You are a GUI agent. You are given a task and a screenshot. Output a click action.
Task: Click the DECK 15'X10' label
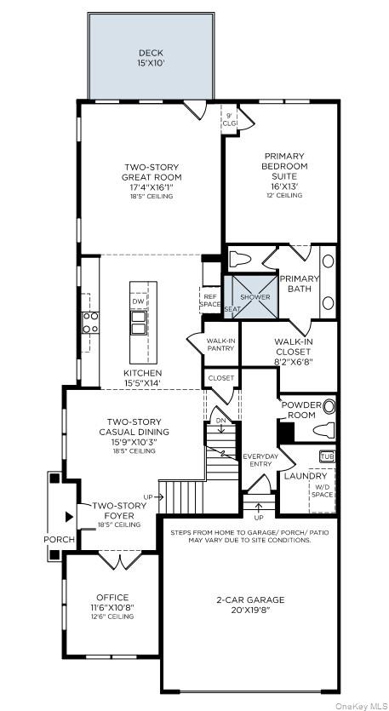point(150,58)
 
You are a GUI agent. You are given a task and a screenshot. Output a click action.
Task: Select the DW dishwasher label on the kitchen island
point(138,301)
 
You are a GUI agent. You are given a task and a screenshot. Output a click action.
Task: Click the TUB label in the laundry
point(326,456)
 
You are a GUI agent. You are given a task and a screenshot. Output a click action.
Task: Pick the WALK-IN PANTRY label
point(220,344)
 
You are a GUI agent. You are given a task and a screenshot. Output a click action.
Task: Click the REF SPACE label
point(210,300)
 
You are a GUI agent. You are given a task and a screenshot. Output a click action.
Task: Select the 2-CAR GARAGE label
point(249,605)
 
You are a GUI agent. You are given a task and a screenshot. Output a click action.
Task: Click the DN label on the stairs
point(220,420)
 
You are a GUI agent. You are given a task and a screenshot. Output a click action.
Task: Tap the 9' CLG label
point(230,119)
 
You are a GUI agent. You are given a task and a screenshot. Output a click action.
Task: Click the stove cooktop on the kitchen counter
point(89,321)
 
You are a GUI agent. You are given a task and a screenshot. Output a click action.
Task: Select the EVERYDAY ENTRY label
point(260,460)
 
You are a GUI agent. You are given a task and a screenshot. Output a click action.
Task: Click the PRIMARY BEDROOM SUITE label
point(283,175)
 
